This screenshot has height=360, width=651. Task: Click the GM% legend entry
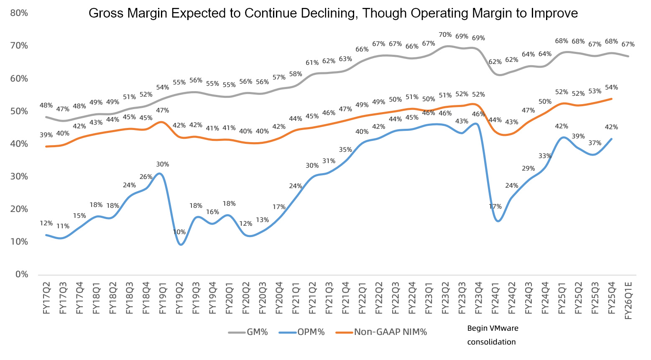(248, 332)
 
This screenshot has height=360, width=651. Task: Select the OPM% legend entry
(302, 332)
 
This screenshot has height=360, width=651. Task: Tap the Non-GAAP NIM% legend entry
(381, 332)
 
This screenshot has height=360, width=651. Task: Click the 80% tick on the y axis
(19, 13)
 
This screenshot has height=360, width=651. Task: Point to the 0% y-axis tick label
(22, 275)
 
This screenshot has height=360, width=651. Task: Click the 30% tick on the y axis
(19, 177)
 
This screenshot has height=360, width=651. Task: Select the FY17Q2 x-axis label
(46, 298)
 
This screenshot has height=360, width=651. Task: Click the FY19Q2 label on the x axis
(179, 298)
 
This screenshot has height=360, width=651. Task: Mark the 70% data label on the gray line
(445, 35)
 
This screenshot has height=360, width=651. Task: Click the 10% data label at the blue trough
(179, 232)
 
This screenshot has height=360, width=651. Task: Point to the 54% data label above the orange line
(611, 87)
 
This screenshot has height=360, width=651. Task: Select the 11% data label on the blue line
(63, 226)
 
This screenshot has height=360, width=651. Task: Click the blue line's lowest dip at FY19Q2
(181, 245)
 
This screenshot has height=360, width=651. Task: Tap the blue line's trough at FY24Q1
(498, 221)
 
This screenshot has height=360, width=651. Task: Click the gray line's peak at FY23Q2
(447, 46)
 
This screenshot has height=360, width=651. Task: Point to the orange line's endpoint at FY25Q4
(611, 99)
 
